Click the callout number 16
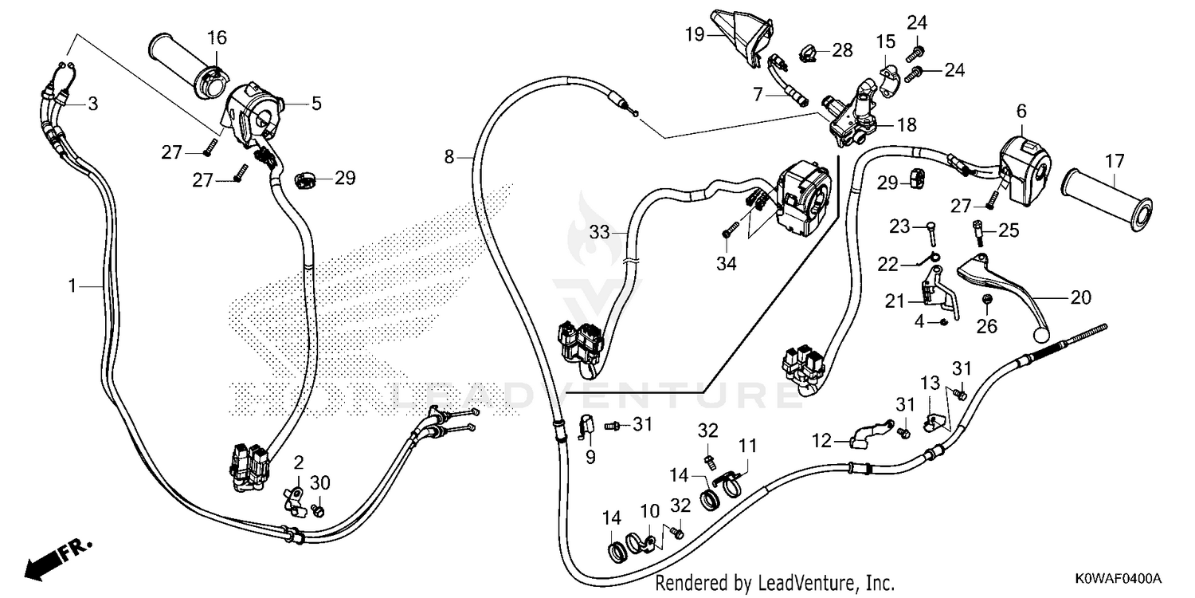pyautogui.click(x=217, y=38)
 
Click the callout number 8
pyautogui.click(x=449, y=157)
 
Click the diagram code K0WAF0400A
pyautogui.click(x=1119, y=579)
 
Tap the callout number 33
pyautogui.click(x=600, y=232)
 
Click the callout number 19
pyautogui.click(x=695, y=35)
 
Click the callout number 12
pyautogui.click(x=821, y=441)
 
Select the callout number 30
pyautogui.click(x=320, y=482)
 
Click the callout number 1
pyautogui.click(x=72, y=286)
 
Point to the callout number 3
pyautogui.click(x=93, y=104)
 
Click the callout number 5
pyautogui.click(x=316, y=103)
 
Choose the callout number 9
pyautogui.click(x=590, y=458)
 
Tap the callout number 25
pyautogui.click(x=1009, y=230)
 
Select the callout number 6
pyautogui.click(x=1021, y=111)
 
